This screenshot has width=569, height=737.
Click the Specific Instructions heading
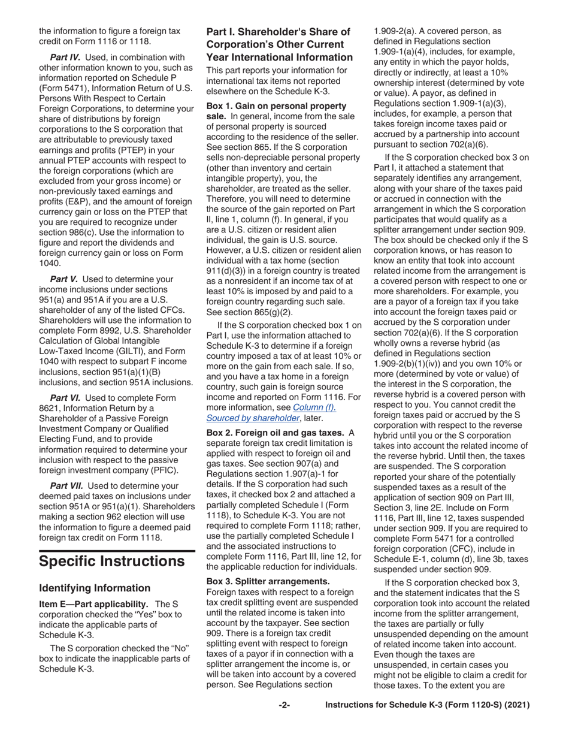(x=111, y=561)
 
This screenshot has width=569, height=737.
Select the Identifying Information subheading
(x=95, y=588)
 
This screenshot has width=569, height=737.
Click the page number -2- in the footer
(x=284, y=706)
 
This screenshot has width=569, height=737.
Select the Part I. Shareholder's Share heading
(x=279, y=44)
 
